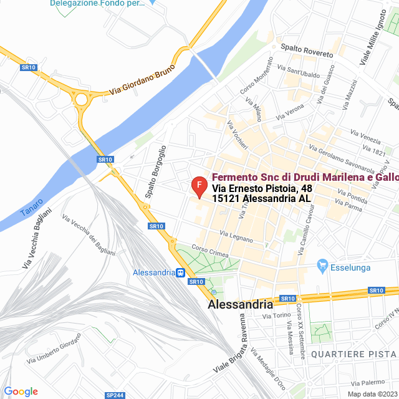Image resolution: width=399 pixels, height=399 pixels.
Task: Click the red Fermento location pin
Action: [x=198, y=186]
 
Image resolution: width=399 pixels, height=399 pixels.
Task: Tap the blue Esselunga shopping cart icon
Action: [x=322, y=266]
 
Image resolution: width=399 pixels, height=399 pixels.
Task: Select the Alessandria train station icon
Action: [x=180, y=272]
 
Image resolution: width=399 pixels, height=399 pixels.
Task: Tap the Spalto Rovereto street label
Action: [x=307, y=50]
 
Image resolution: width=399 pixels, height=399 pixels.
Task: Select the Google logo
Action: [x=21, y=392]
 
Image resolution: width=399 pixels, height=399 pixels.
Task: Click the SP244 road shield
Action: [x=115, y=395]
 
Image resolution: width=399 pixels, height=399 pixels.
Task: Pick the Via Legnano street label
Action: [x=236, y=236]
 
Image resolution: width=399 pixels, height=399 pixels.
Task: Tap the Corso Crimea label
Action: [x=210, y=252]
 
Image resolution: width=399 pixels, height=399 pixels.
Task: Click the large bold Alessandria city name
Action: [x=241, y=305]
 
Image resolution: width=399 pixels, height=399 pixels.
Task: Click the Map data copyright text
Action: [x=372, y=394]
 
